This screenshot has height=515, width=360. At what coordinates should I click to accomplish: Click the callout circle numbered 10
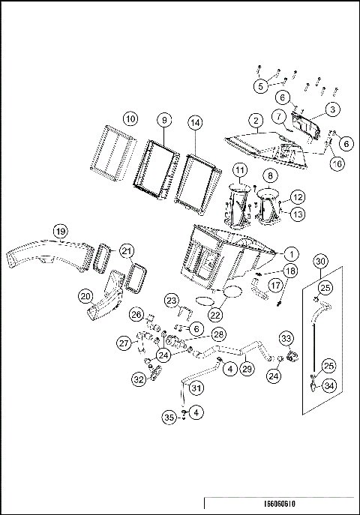(130, 118)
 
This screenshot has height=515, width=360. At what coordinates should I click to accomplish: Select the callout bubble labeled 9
(164, 120)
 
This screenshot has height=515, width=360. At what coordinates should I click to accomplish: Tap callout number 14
(195, 123)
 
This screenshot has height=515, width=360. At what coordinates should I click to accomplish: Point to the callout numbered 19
(61, 232)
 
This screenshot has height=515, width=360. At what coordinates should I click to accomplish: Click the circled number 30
(320, 262)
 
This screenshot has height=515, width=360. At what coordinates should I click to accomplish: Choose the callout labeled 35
(169, 418)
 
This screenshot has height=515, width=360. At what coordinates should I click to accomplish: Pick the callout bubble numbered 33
(286, 338)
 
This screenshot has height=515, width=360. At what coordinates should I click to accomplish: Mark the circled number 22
(215, 315)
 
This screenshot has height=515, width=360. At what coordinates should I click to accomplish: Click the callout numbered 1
(291, 254)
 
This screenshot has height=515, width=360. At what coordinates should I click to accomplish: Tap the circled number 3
(332, 109)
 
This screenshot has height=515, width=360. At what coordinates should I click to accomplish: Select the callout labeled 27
(124, 343)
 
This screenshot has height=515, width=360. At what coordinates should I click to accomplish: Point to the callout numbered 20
(85, 297)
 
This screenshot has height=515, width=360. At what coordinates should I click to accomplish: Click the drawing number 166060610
(280, 504)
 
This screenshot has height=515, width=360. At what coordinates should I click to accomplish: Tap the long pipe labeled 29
(236, 352)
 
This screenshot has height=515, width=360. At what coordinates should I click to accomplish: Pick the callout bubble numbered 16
(337, 163)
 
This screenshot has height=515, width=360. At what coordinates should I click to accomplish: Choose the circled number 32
(139, 379)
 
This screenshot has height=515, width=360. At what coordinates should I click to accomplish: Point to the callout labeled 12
(298, 197)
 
